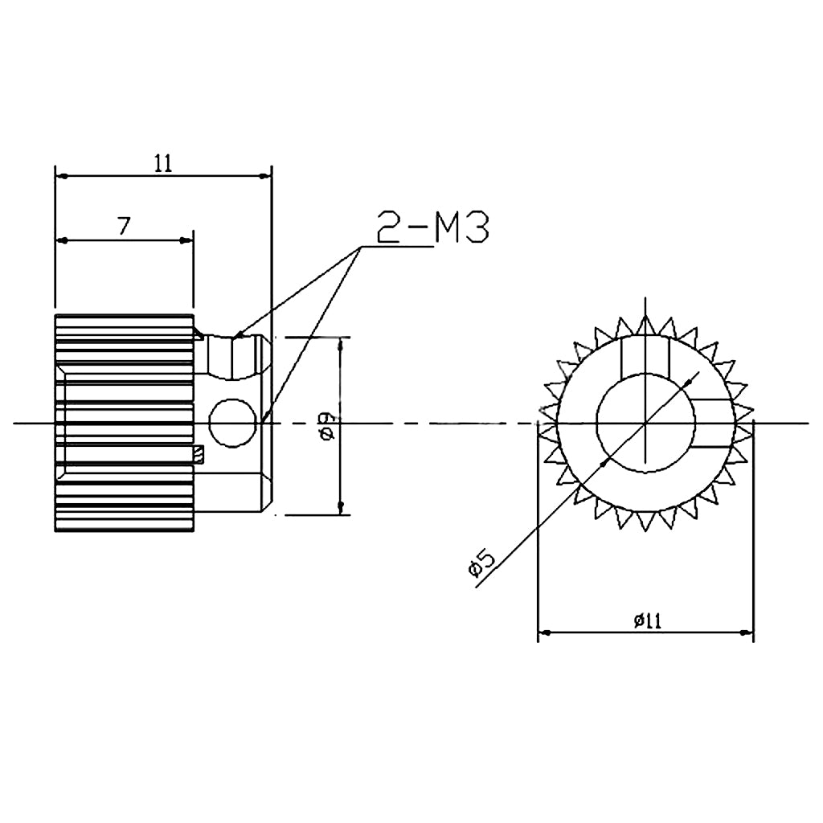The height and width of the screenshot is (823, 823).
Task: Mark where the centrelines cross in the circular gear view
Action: click(x=645, y=423)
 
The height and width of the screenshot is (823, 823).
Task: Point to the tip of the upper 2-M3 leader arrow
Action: click(x=233, y=338)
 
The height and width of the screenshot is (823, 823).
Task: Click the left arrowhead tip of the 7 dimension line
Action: click(x=57, y=240)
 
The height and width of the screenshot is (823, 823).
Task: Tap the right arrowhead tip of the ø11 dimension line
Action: click(x=753, y=633)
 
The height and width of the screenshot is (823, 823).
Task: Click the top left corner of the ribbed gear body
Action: click(x=55, y=314)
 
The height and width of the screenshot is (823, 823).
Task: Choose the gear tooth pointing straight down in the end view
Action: click(x=645, y=521)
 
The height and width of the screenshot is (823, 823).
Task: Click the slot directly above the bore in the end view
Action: click(x=645, y=359)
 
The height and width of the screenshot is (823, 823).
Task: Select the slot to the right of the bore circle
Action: click(x=712, y=423)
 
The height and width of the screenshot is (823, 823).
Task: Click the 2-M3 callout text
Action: click(x=432, y=226)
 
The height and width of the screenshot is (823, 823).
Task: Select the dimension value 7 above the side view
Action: click(x=123, y=226)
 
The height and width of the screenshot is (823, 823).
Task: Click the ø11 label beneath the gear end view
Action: click(x=648, y=621)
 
